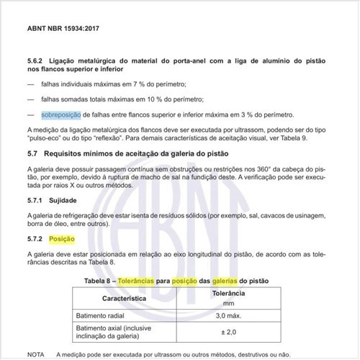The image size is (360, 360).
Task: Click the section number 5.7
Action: click(32, 154)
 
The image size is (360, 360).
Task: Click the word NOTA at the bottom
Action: click(36, 354)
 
